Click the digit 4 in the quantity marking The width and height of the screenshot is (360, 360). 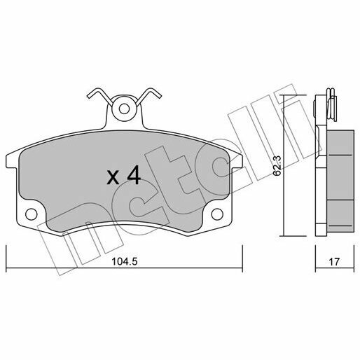[133, 176]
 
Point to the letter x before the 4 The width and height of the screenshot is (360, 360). [113, 178]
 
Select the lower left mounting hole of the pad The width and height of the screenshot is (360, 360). [30, 214]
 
